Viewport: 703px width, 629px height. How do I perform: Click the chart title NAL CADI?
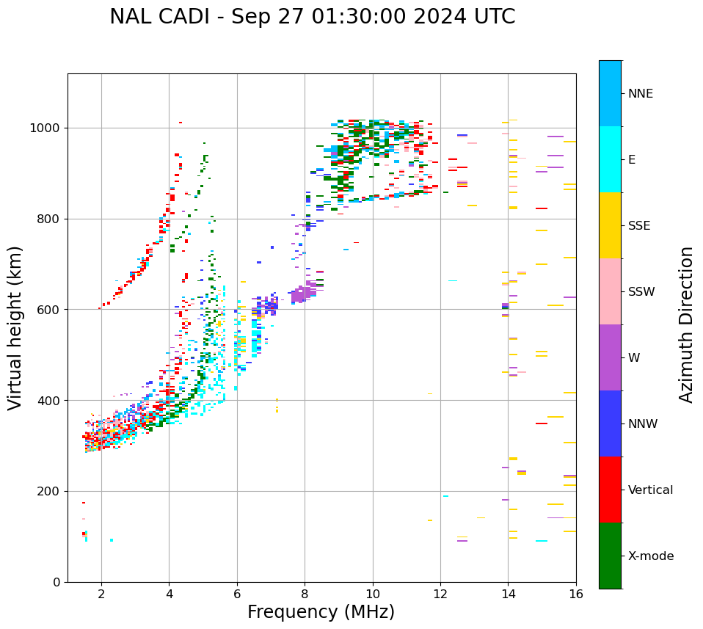click(x=312, y=17)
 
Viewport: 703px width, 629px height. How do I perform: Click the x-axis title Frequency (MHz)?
click(x=321, y=612)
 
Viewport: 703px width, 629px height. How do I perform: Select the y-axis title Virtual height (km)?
click(x=15, y=328)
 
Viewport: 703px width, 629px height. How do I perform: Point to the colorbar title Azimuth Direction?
click(x=686, y=324)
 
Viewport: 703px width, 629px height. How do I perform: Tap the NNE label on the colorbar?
click(x=640, y=94)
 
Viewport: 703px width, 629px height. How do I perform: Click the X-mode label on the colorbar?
click(x=650, y=556)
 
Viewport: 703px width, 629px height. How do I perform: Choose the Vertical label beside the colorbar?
click(x=650, y=490)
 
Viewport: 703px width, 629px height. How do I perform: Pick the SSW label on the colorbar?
click(x=641, y=292)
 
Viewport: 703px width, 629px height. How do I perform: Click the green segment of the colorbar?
click(x=610, y=556)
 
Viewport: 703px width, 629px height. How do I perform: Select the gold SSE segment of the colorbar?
click(x=610, y=225)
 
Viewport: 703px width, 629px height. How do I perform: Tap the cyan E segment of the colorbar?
click(x=610, y=159)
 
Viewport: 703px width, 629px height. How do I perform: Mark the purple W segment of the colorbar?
click(x=610, y=357)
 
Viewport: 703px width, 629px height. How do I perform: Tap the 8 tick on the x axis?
click(x=305, y=594)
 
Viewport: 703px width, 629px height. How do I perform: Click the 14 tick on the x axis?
click(x=508, y=594)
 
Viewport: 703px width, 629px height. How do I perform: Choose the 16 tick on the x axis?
click(x=576, y=594)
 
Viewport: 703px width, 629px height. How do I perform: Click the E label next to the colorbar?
click(x=632, y=160)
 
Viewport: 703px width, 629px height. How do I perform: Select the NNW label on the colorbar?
click(x=643, y=424)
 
